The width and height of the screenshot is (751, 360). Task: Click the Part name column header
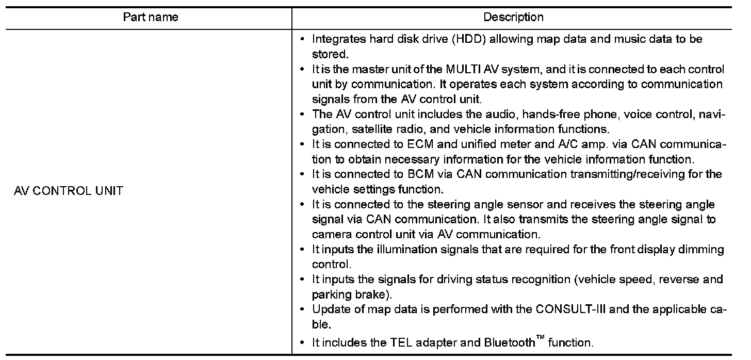pos(151,17)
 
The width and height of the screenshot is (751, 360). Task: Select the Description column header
pos(513,17)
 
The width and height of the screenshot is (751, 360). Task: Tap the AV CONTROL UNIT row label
pos(68,191)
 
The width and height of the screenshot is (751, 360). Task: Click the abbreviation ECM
pos(424,144)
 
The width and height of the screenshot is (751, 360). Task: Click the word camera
pos(329,234)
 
